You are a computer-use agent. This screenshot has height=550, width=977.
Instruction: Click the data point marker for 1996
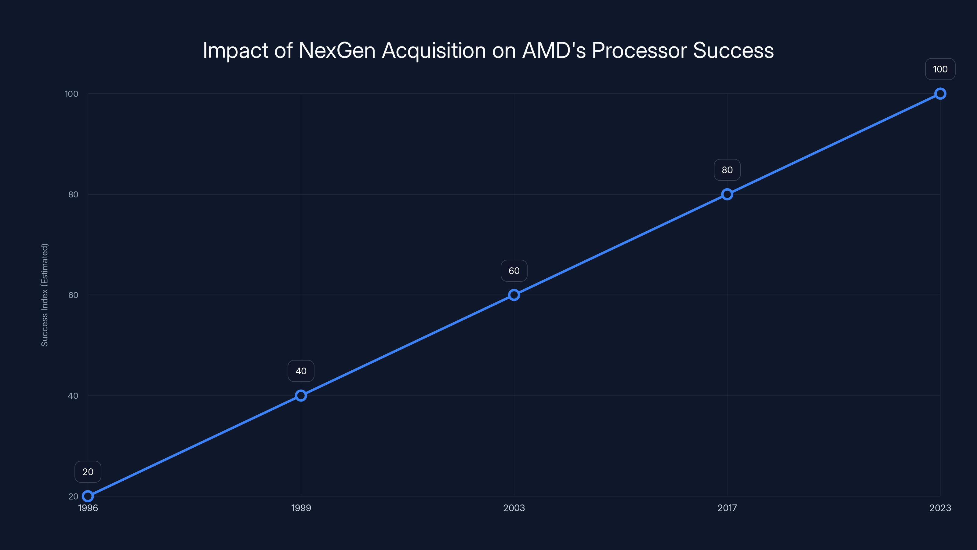pos(88,496)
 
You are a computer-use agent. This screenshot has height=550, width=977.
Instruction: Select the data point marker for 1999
pos(301,395)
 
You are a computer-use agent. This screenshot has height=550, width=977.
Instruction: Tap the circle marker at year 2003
pos(514,295)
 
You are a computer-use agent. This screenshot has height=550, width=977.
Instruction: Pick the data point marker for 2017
pos(727,194)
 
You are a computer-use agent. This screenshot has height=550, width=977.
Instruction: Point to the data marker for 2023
pos(940,94)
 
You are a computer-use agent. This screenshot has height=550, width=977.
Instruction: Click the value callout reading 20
pos(88,472)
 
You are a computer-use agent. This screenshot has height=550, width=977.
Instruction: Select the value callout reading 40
pos(301,371)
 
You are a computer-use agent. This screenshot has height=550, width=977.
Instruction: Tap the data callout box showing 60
pos(514,271)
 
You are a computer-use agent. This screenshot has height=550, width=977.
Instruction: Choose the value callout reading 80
pos(727,170)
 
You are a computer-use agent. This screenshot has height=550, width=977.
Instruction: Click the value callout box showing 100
pos(940,69)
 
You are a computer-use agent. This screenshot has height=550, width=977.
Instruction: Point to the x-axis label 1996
pos(88,508)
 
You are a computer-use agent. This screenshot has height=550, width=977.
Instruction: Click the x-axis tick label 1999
pos(301,508)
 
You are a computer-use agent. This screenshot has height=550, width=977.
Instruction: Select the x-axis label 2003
pos(514,508)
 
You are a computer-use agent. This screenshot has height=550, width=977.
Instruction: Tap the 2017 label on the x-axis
pos(727,508)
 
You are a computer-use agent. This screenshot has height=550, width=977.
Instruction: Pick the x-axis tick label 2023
pos(940,508)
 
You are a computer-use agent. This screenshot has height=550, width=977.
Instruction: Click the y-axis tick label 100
pos(71,94)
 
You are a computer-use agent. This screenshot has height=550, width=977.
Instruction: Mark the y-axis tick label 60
pos(73,295)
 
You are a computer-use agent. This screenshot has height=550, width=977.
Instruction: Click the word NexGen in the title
pos(337,50)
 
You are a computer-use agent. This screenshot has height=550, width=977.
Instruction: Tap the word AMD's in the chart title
pos(554,50)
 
